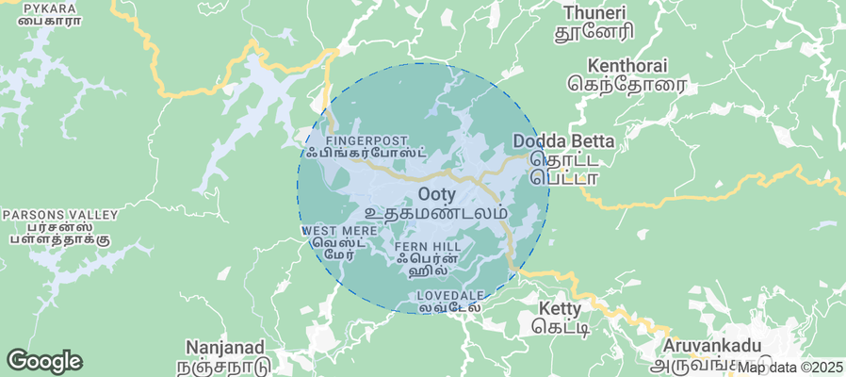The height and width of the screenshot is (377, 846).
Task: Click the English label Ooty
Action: pyautogui.click(x=436, y=194)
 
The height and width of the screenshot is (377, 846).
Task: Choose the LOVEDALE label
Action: pyautogui.click(x=450, y=296)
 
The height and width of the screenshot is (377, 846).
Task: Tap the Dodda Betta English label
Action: pyautogui.click(x=562, y=141)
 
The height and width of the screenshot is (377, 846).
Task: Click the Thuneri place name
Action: pyautogui.click(x=594, y=12)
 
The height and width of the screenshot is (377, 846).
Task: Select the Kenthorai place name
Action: pyautogui.click(x=626, y=66)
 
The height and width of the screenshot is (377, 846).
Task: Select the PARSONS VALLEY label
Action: pyautogui.click(x=60, y=215)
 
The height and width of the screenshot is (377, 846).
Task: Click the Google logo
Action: pyautogui.click(x=44, y=361)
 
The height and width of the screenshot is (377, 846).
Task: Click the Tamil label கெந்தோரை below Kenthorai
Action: pyautogui.click(x=627, y=85)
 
